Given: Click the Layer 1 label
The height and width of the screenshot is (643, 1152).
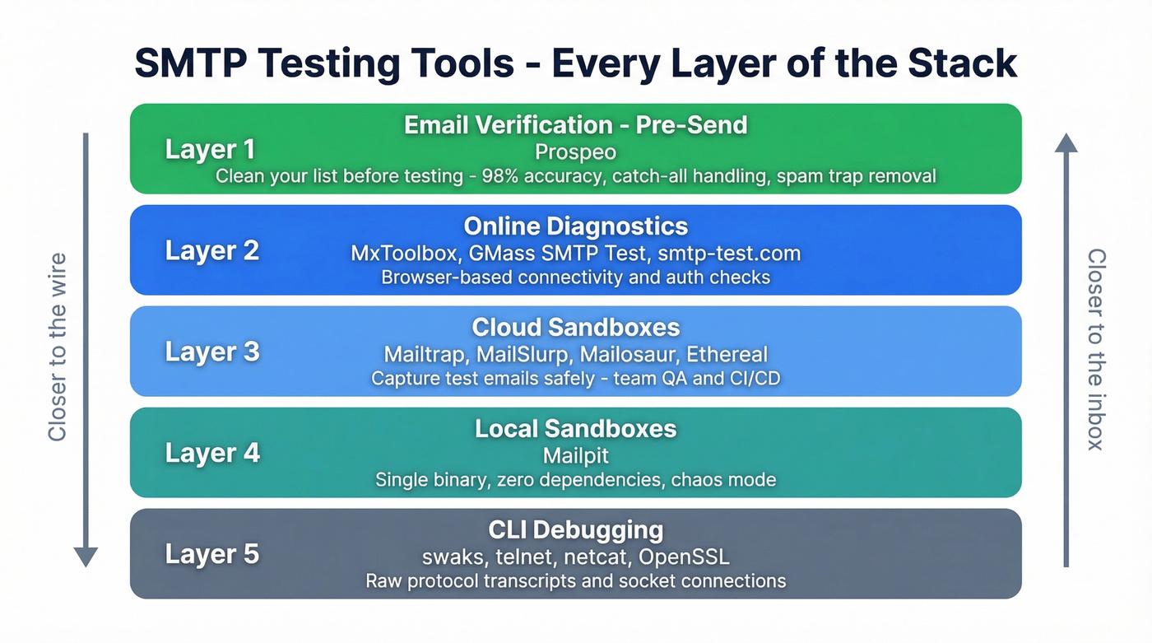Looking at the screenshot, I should click(x=210, y=149).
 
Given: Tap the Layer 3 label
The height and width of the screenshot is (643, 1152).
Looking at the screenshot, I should click(x=211, y=352).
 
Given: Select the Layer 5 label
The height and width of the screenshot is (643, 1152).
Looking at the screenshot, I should click(x=211, y=554).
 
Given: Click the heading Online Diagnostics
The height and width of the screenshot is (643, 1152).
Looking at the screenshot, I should click(x=575, y=226).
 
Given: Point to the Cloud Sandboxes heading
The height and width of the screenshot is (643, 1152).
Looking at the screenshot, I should click(x=575, y=328).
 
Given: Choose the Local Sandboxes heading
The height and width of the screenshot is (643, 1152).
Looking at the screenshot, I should click(x=575, y=429).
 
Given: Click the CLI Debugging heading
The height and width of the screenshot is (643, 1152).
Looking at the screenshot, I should click(x=575, y=530).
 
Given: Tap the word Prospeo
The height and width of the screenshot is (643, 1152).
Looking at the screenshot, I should click(x=575, y=152).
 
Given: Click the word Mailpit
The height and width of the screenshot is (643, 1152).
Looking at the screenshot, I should click(x=575, y=455).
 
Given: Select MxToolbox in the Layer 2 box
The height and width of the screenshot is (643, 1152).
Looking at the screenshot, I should click(x=397, y=254).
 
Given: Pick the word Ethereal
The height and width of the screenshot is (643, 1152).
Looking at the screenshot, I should click(x=728, y=355).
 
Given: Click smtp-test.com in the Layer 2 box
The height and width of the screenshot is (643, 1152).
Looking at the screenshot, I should click(x=729, y=254).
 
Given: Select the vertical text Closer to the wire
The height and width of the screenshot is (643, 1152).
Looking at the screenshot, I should click(x=57, y=347).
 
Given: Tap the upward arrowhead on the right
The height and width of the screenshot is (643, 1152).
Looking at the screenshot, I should click(x=1066, y=143).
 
